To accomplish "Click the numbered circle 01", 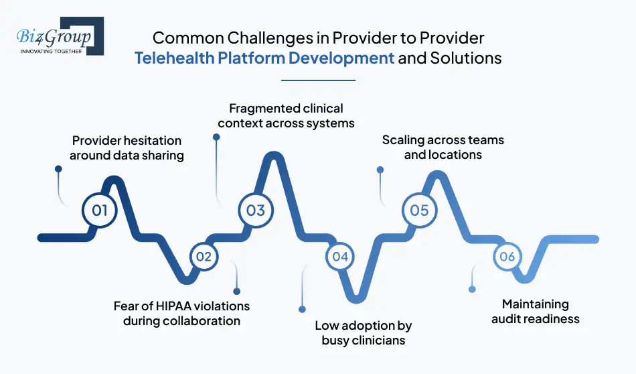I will [x=100, y=210].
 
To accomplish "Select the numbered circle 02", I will [x=204, y=257].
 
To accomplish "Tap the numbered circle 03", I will [x=256, y=210].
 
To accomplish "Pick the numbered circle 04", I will [x=340, y=257].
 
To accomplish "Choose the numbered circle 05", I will [x=419, y=210].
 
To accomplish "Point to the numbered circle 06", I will [x=507, y=257].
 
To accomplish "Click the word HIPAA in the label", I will [x=172, y=306].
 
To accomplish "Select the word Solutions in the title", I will [x=463, y=58].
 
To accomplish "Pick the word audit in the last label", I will [x=508, y=318].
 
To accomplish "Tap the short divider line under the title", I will [x=318, y=80].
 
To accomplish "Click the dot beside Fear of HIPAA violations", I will [x=236, y=291].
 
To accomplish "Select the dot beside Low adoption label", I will [x=302, y=310].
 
